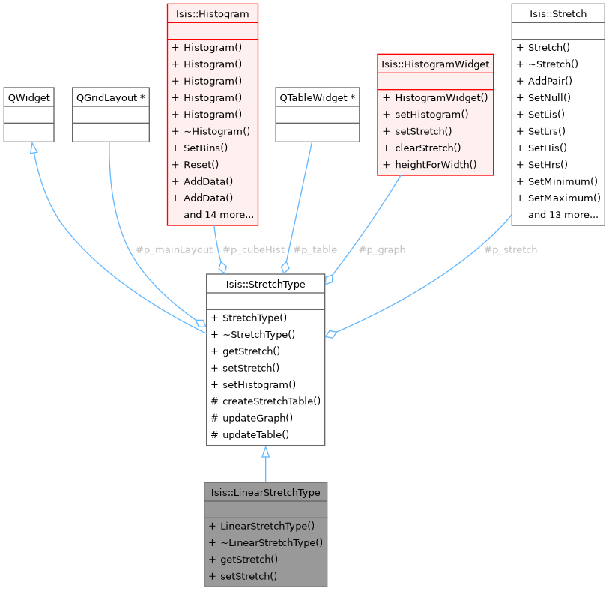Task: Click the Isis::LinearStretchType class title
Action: point(265,492)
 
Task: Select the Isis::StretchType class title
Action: point(265,284)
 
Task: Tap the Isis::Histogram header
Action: point(212,13)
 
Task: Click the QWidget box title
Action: point(28,98)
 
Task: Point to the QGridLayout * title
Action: point(111,98)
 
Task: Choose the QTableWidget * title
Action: point(317,98)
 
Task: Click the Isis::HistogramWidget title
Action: point(435,64)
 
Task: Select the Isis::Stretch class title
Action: point(557,13)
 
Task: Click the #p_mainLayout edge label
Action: point(174,249)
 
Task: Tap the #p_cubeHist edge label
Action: point(253,249)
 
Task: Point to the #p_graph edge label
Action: point(381,249)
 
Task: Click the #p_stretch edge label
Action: point(510,249)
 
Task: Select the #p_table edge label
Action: point(315,249)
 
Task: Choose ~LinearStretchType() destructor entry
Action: point(271,542)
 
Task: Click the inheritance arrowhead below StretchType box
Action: point(265,452)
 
